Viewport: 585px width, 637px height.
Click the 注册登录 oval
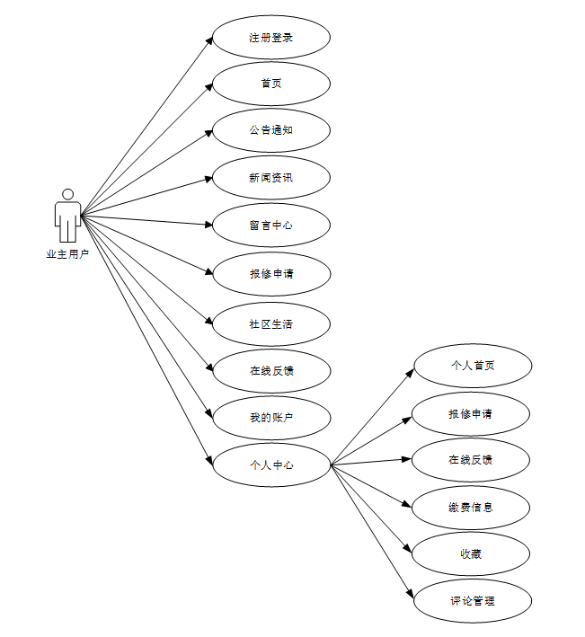click(271, 38)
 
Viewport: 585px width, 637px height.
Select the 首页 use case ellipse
click(271, 84)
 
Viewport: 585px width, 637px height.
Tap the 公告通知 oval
click(271, 130)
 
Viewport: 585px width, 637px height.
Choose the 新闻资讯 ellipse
click(271, 177)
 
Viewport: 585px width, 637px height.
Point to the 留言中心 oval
click(271, 225)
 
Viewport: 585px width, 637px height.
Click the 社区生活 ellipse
click(271, 323)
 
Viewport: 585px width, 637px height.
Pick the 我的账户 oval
click(271, 417)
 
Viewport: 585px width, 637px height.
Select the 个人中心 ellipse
click(271, 464)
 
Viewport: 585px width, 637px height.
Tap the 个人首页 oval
click(472, 366)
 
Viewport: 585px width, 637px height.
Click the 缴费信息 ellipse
click(472, 507)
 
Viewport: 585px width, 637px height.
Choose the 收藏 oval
click(472, 553)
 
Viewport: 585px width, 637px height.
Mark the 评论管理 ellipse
click(472, 600)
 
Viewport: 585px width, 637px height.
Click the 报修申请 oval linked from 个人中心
click(472, 414)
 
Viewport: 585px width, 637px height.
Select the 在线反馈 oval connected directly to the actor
click(271, 370)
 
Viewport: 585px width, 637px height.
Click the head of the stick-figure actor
click(67, 194)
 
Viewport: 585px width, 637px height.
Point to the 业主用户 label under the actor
click(67, 254)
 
